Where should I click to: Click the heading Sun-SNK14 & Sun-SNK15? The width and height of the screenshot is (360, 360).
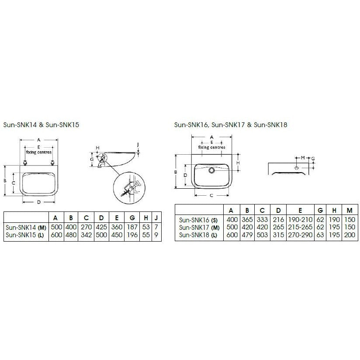41,125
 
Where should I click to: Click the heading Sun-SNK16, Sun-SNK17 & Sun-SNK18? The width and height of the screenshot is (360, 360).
230,125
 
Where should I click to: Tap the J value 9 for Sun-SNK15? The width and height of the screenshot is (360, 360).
156,235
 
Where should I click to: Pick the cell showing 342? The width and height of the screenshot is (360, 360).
87,235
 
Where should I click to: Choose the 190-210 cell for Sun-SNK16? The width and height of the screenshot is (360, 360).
300,220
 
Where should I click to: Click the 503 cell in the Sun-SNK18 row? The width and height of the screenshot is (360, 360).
262,235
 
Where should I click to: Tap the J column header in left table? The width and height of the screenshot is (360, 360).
156,218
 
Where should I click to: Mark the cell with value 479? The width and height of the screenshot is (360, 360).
247,235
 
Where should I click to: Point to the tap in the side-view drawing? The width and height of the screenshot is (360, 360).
101,164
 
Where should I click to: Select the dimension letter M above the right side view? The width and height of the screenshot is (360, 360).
302,157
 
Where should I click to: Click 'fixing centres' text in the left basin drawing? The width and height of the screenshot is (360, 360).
39,152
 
